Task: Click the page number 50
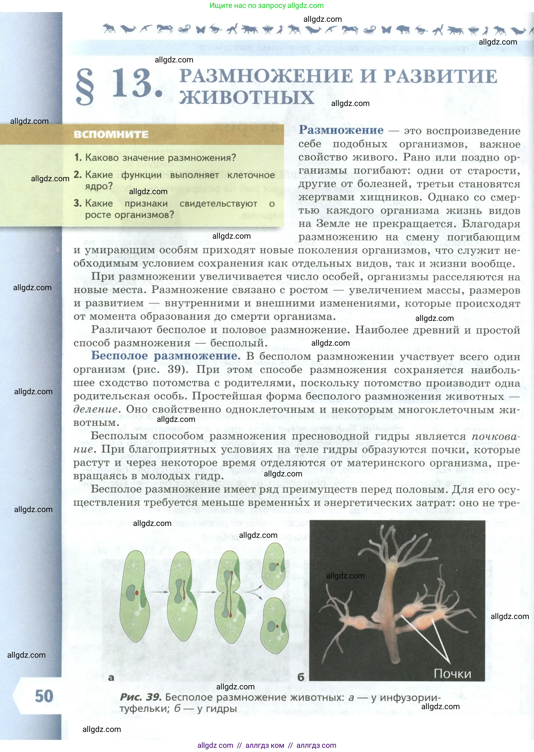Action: pos(44,696)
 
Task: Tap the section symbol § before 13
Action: pos(85,86)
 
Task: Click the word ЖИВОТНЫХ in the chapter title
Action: pos(247,98)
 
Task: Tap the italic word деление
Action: pos(95,409)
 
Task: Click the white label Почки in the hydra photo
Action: pos(453,674)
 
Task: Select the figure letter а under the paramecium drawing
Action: pos(111,677)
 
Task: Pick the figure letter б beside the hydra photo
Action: pos(300,677)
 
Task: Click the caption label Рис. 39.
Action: pos(140,697)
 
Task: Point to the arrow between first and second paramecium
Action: pos(160,592)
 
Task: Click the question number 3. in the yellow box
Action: pos(78,203)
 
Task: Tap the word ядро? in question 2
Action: pos(99,186)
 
